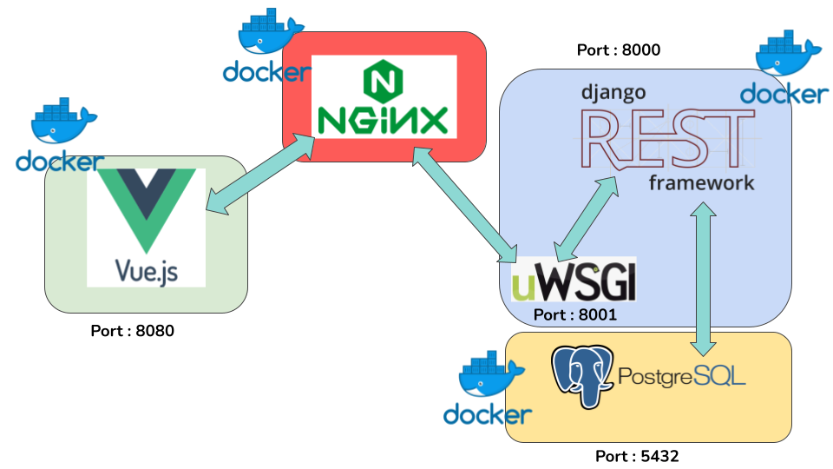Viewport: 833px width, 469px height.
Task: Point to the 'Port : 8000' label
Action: point(619,50)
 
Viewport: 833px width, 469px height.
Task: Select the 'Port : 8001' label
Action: point(574,315)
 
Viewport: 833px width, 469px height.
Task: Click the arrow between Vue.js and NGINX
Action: point(259,174)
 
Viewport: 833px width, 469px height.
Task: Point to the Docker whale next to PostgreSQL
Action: point(486,376)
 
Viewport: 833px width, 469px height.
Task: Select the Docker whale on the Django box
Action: point(785,56)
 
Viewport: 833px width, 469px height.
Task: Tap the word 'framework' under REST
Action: point(702,182)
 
